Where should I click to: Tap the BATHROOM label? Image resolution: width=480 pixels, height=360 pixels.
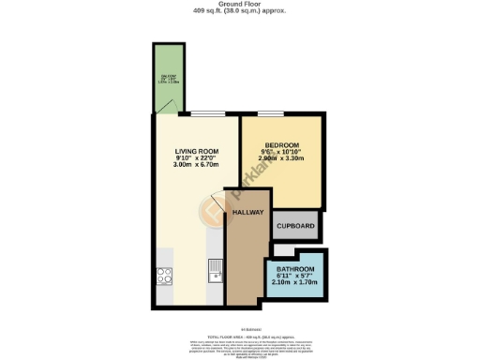click(295, 270)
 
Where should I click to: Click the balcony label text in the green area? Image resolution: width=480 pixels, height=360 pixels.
click(169, 79)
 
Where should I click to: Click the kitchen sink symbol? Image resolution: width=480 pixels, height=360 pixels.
click(216, 271)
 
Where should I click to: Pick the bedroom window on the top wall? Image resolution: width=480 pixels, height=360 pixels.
click(272, 114)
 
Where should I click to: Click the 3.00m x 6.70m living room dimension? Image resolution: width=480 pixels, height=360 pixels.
click(196, 165)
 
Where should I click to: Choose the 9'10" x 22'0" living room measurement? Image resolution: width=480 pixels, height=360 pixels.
click(196, 157)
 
